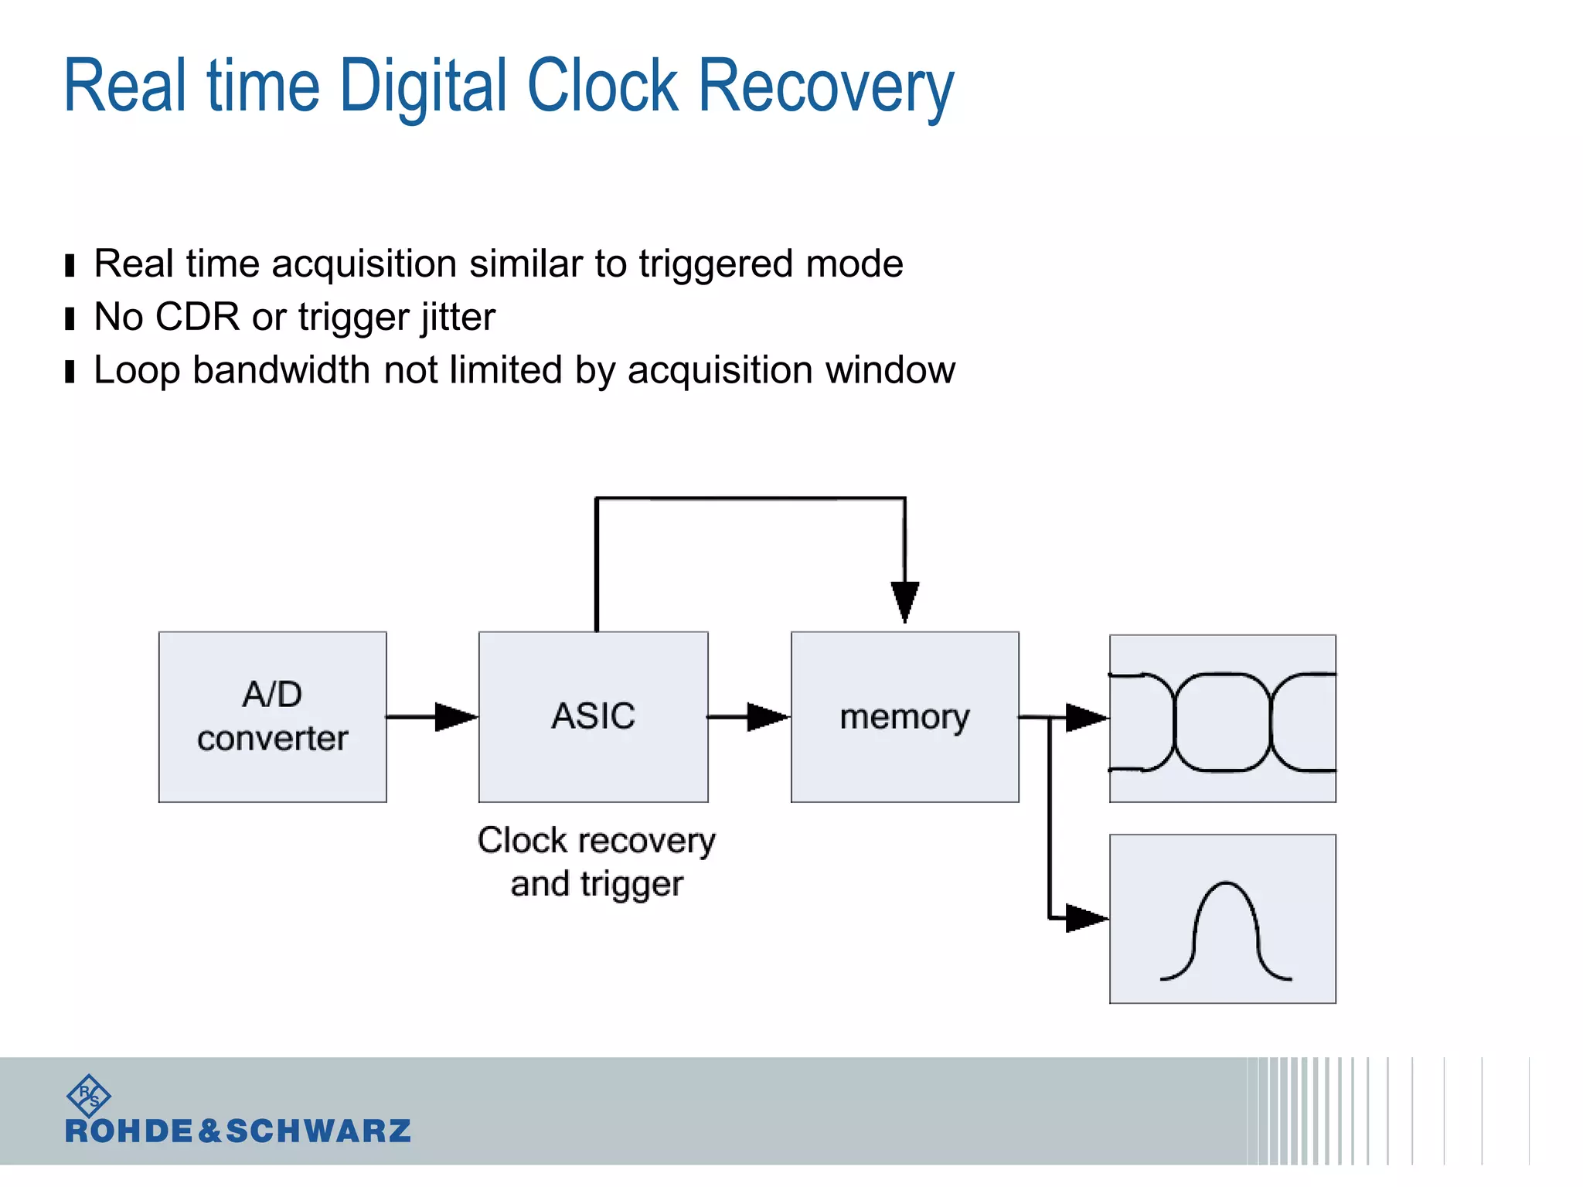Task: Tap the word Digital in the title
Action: click(424, 87)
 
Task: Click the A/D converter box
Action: click(272, 716)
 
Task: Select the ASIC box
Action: click(593, 716)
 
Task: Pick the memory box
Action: click(904, 716)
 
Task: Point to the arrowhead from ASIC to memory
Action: click(768, 716)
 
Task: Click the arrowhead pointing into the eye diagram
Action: click(1086, 717)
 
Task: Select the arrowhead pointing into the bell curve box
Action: click(1086, 918)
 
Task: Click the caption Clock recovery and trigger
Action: click(596, 862)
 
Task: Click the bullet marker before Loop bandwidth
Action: click(70, 372)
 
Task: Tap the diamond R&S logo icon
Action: click(89, 1095)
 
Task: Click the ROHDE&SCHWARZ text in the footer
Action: click(238, 1131)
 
